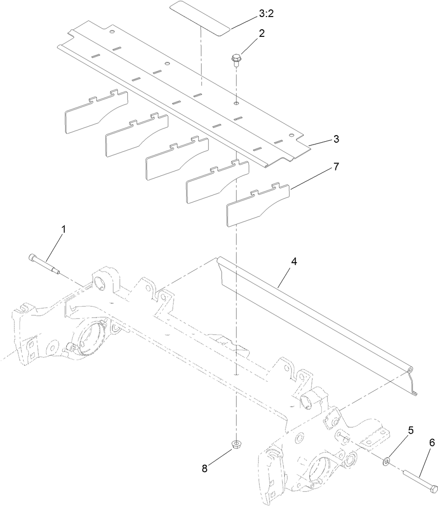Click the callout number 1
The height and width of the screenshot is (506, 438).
[63, 229]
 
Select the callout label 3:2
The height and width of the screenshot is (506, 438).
[266, 14]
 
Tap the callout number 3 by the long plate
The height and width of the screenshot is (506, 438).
[336, 139]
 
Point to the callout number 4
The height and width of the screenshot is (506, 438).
[294, 261]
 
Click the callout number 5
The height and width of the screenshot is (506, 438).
[411, 430]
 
